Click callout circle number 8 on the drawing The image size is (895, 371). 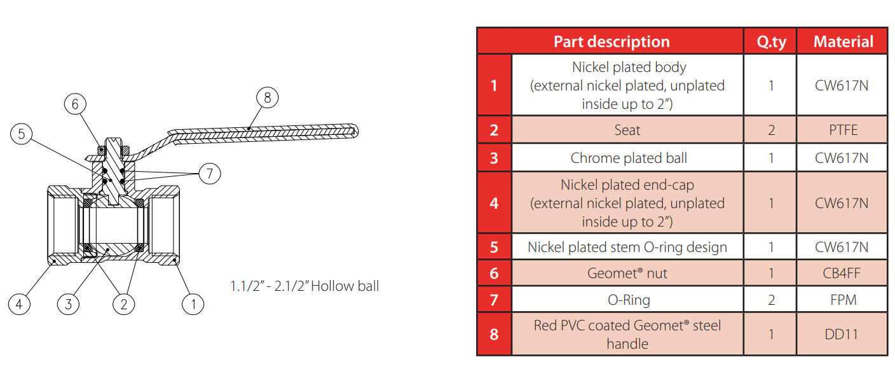click(267, 98)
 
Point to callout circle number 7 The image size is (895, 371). click(210, 173)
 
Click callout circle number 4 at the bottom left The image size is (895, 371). click(19, 304)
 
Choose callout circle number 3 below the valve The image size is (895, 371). click(68, 304)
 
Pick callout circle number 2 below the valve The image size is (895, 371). click(124, 304)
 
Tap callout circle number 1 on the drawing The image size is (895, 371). click(193, 304)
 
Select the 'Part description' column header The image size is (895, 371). click(611, 42)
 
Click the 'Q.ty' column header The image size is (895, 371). click(771, 42)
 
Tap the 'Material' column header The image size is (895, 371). click(843, 42)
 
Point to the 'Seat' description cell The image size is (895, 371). click(627, 130)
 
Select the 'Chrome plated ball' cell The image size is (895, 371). click(628, 158)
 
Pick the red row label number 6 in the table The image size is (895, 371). click(495, 274)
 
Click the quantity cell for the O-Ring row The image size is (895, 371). click(771, 300)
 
